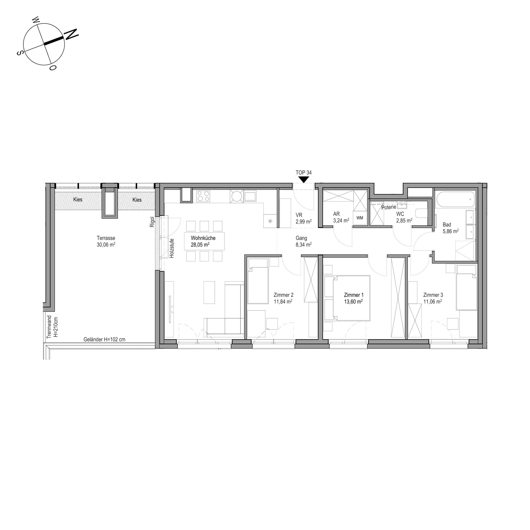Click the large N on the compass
pos(71,34)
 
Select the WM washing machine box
pos(360,218)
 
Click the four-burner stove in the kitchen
pos(203,196)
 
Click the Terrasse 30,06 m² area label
pos(106,241)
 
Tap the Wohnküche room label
pos(203,238)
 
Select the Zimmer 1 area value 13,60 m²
pos(353,301)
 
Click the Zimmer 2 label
pos(283,295)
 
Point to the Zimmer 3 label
pos(433,295)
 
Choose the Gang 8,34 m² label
pos(304,241)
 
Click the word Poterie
pos(389,207)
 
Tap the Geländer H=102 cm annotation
pos(104,340)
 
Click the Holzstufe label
pos(172,248)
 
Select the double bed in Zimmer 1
pos(351,298)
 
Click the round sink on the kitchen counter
pos(237,196)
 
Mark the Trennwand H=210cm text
pos(52,327)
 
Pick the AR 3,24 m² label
pos(341,217)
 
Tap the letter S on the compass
pos(19,53)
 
